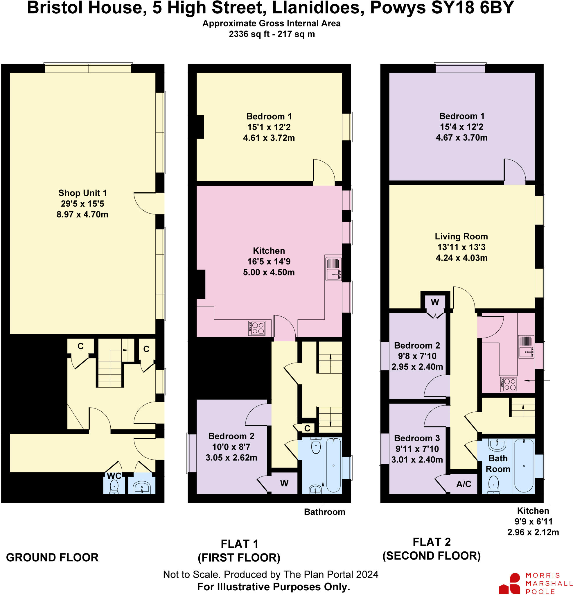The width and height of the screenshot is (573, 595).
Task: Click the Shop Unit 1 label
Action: pyautogui.click(x=82, y=193)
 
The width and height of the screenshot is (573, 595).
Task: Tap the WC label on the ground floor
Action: pyautogui.click(x=114, y=476)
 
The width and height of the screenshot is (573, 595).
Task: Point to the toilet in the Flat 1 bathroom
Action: pyautogui.click(x=316, y=446)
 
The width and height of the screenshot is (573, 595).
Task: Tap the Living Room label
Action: pyautogui.click(x=461, y=236)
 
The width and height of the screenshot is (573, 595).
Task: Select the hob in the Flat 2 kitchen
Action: pyautogui.click(x=508, y=384)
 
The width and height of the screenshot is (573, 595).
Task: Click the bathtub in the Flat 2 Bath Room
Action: pyautogui.click(x=524, y=465)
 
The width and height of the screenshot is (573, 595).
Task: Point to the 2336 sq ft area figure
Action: pyautogui.click(x=249, y=34)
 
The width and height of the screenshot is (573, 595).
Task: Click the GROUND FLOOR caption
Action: pyautogui.click(x=52, y=557)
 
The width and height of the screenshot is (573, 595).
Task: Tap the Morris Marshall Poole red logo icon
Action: pyautogui.click(x=511, y=583)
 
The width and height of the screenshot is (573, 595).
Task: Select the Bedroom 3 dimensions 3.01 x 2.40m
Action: pyautogui.click(x=417, y=460)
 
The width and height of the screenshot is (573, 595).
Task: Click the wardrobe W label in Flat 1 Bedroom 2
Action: pyautogui.click(x=284, y=483)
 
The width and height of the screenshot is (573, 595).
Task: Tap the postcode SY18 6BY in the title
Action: pyautogui.click(x=472, y=8)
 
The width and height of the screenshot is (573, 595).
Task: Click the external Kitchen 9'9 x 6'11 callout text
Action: pyautogui.click(x=533, y=521)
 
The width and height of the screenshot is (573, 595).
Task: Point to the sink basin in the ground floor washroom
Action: pyautogui.click(x=141, y=488)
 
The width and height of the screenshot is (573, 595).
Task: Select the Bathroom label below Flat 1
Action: pyautogui.click(x=324, y=512)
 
